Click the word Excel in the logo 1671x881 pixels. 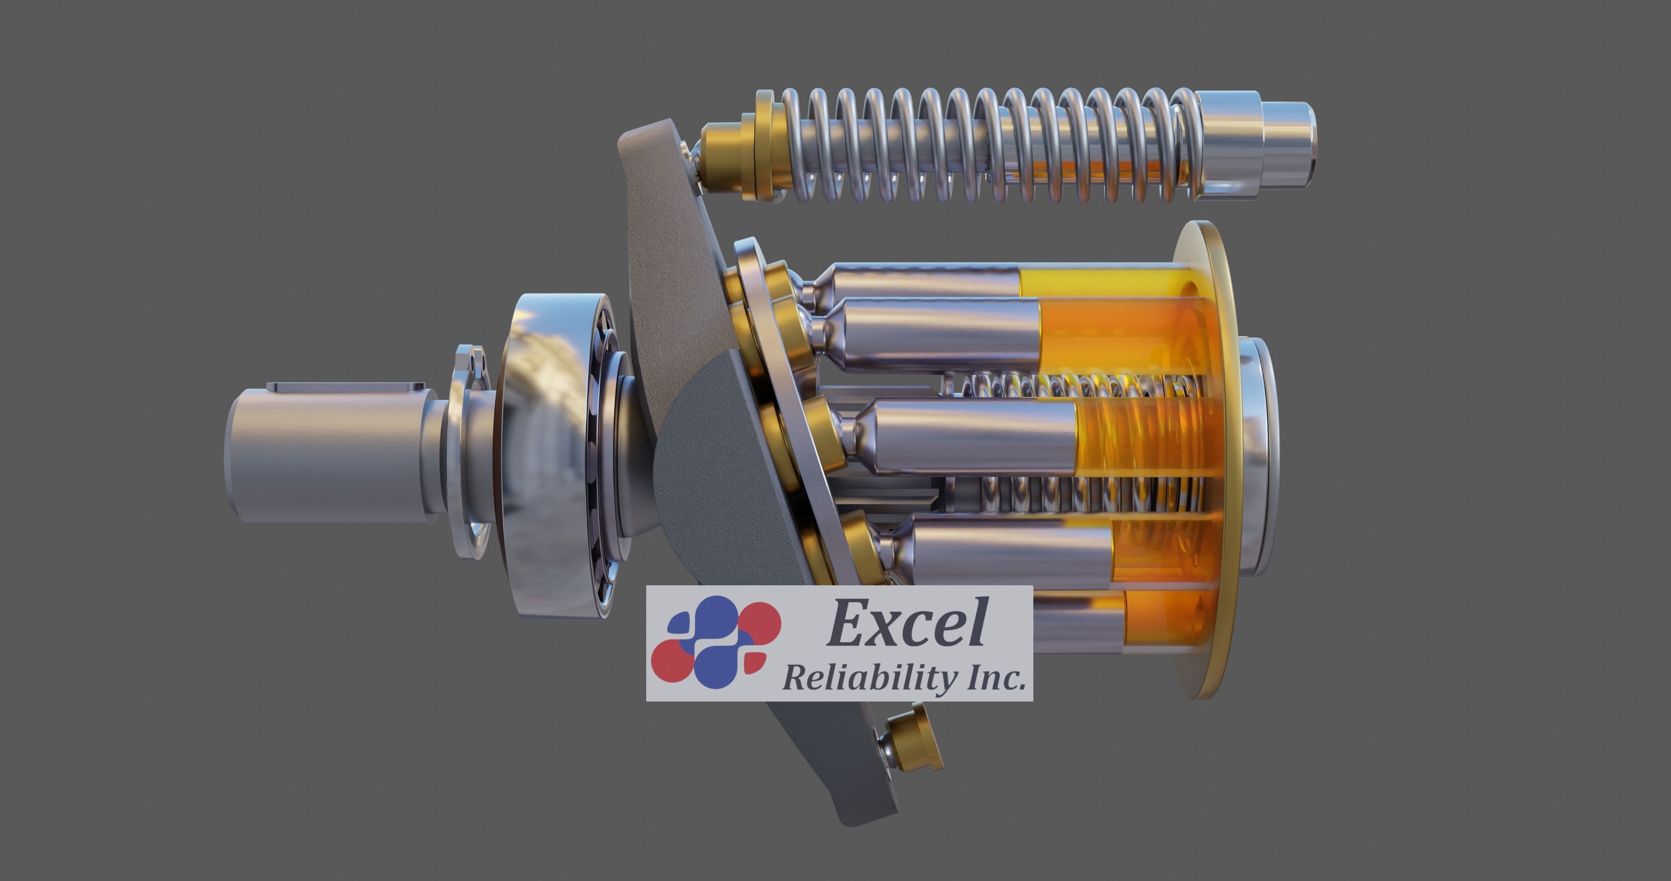point(907,624)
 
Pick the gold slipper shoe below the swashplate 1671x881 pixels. point(915,739)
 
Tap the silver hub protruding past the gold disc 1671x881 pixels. point(1259,454)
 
